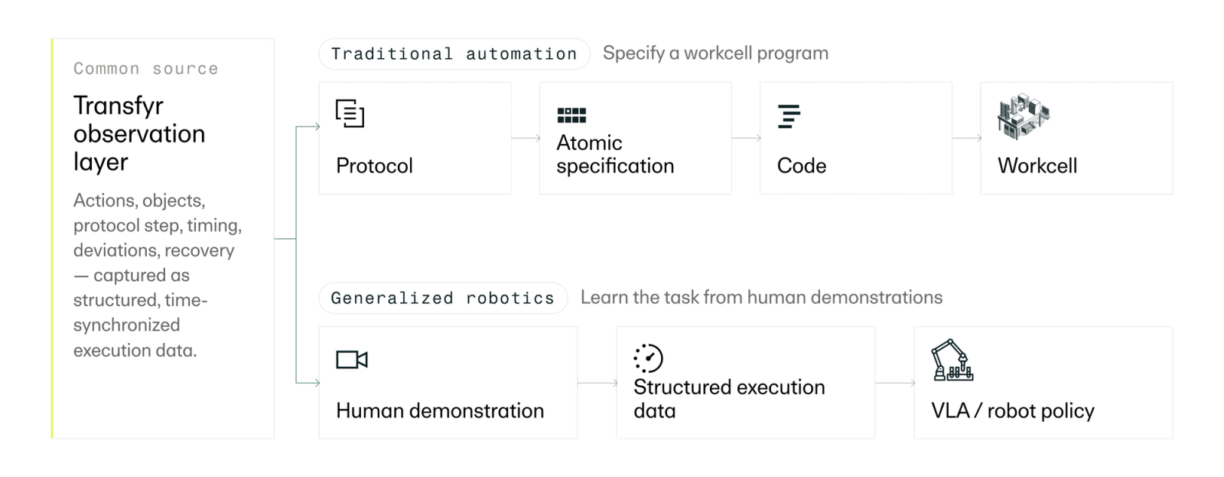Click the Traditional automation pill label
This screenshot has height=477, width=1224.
point(454,54)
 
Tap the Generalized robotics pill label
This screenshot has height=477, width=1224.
point(443,298)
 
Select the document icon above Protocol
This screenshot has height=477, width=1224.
point(350,114)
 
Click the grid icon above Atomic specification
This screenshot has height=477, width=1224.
point(571,115)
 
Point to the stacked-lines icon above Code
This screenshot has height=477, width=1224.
point(789,116)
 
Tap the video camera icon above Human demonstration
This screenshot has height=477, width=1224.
point(352,359)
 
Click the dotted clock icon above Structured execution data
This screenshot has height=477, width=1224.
point(648,358)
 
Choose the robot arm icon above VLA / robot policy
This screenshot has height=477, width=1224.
point(952,360)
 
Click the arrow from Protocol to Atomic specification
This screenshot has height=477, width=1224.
point(526,139)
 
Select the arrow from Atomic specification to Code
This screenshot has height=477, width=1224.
point(747,139)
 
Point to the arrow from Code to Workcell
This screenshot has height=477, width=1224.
point(967,139)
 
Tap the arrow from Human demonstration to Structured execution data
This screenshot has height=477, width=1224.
point(597,383)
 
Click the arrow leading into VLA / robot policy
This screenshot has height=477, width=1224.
point(895,383)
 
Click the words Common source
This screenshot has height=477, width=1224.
point(146,68)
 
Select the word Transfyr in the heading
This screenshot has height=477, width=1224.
point(119,105)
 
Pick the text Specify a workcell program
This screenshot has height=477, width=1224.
point(715,53)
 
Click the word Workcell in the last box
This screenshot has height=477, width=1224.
point(1037,165)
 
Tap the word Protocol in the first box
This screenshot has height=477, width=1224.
point(374,165)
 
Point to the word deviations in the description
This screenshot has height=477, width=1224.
point(116,250)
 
